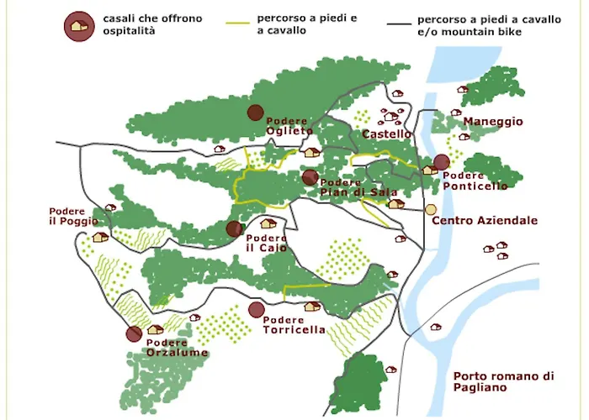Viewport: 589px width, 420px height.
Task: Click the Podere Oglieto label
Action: [x=289, y=126]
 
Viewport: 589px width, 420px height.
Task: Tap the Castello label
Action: [x=386, y=134]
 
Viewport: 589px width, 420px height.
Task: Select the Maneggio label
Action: [x=492, y=122]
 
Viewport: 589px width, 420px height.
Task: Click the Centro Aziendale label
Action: [x=484, y=221]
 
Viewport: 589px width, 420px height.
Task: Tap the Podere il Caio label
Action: [x=267, y=243]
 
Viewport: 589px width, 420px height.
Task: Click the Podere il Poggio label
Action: [x=73, y=216]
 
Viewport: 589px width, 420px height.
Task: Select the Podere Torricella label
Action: [x=294, y=325]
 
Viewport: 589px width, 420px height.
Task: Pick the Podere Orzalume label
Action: [x=177, y=348]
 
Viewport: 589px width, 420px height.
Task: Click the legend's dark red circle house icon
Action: [x=79, y=25]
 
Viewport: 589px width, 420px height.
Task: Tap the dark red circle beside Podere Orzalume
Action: [x=134, y=334]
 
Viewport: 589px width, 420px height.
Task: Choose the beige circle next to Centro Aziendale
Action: [x=431, y=209]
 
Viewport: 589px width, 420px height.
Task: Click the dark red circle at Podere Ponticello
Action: [x=441, y=163]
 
